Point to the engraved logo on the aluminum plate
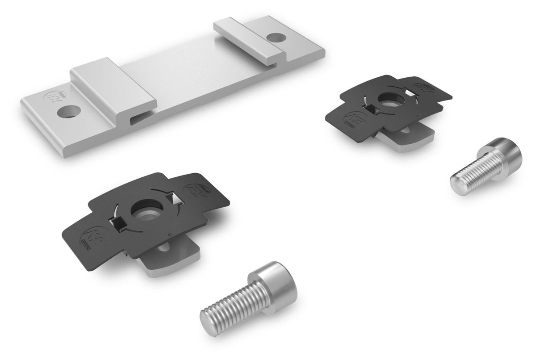[x=53, y=98]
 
